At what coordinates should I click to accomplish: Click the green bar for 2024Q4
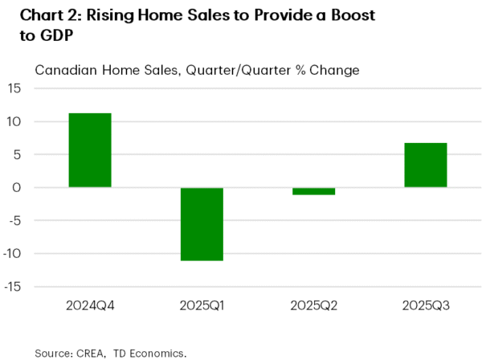pos(90,150)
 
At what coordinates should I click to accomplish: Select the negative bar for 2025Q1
pos(202,223)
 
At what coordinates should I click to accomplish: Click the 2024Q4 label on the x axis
pos(90,305)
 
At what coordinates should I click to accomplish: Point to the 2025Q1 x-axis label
pos(202,305)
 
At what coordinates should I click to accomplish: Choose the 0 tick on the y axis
pos(18,188)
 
